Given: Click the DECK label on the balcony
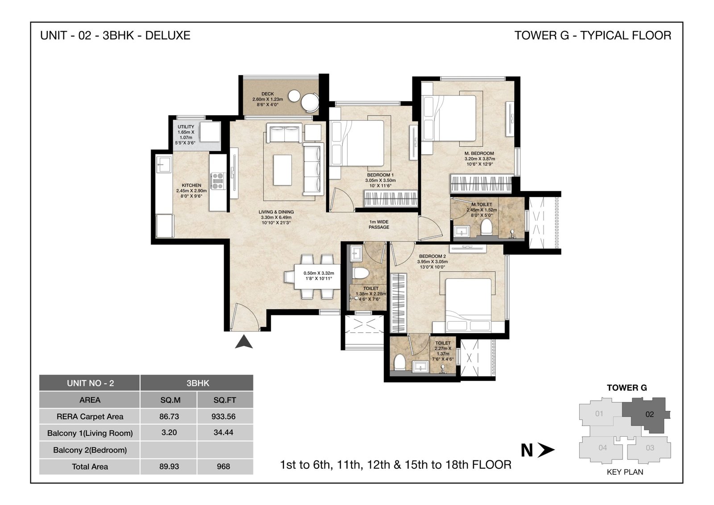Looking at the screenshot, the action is click(x=267, y=94).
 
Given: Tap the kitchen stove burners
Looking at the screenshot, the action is click(x=218, y=181).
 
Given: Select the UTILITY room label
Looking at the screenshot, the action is click(x=186, y=127).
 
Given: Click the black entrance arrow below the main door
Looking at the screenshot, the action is click(x=244, y=342).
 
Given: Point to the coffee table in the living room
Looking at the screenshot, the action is click(x=282, y=170).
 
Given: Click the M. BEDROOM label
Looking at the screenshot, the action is click(x=479, y=153).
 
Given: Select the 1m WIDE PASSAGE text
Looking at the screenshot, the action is click(x=379, y=224).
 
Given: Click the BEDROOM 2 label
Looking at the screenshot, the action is click(x=432, y=256).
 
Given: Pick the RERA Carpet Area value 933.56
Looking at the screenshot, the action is click(x=224, y=416).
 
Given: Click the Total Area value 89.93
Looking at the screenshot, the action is click(x=169, y=467).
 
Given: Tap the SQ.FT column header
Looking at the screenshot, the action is click(x=225, y=400).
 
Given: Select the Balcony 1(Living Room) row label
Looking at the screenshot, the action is click(x=90, y=433).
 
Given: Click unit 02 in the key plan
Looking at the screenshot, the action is click(x=650, y=414).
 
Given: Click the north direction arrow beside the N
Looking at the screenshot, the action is click(x=546, y=450).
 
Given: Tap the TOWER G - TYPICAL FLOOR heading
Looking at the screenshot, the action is click(x=593, y=35).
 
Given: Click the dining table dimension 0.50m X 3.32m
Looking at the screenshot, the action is click(x=319, y=273).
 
